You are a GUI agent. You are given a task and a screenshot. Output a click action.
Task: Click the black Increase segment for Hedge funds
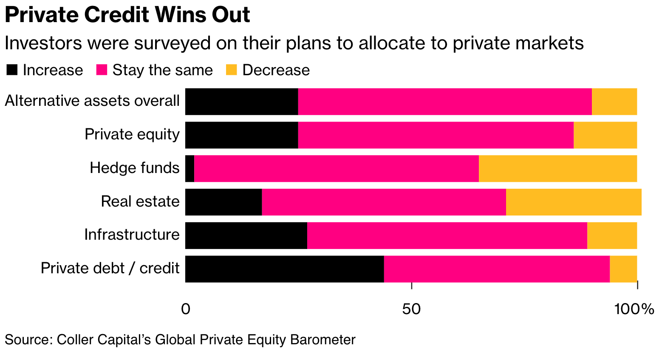coord(190,169)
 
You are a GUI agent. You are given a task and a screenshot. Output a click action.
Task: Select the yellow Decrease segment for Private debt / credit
coord(623,269)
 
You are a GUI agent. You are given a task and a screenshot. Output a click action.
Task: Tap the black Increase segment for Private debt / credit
coord(285,269)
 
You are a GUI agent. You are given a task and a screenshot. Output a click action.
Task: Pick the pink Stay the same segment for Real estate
coord(384,202)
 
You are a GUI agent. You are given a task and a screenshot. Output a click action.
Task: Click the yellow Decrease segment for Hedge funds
coord(558,169)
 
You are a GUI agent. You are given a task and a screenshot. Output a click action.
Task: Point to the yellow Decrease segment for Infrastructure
coord(612,235)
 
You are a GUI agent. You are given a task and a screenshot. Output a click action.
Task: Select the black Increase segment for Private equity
coord(242,135)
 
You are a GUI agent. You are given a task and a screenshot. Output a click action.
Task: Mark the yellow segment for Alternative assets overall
coord(614,102)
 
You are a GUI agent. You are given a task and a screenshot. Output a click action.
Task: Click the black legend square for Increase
coord(12,70)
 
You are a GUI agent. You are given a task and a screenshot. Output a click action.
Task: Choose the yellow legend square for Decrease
coord(231,70)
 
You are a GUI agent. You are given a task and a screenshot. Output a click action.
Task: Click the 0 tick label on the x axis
coord(186,309)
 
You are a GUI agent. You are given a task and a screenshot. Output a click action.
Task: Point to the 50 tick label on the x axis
coord(411,309)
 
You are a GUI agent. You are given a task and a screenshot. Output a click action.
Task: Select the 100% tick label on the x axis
coord(634,309)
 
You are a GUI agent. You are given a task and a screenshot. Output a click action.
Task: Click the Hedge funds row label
coord(135,168)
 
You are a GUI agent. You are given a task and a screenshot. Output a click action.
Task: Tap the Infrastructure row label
coord(132,235)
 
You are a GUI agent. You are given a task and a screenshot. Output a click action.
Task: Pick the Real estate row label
coord(140,201)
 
